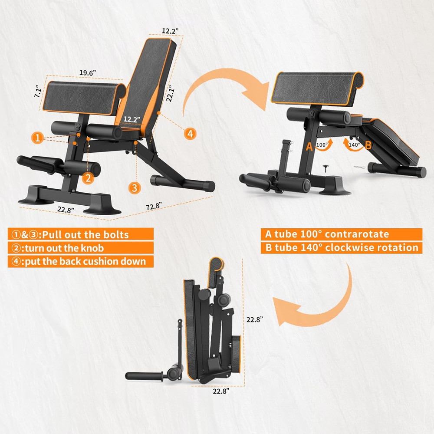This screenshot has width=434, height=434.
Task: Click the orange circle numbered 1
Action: [38, 138]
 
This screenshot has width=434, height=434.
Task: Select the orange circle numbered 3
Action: [135, 187]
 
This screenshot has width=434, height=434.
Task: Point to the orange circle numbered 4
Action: [189, 134]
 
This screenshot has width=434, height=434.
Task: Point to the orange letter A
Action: [309, 147]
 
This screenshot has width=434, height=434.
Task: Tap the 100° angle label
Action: [322, 145]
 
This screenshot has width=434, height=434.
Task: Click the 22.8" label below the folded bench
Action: [220, 391]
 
